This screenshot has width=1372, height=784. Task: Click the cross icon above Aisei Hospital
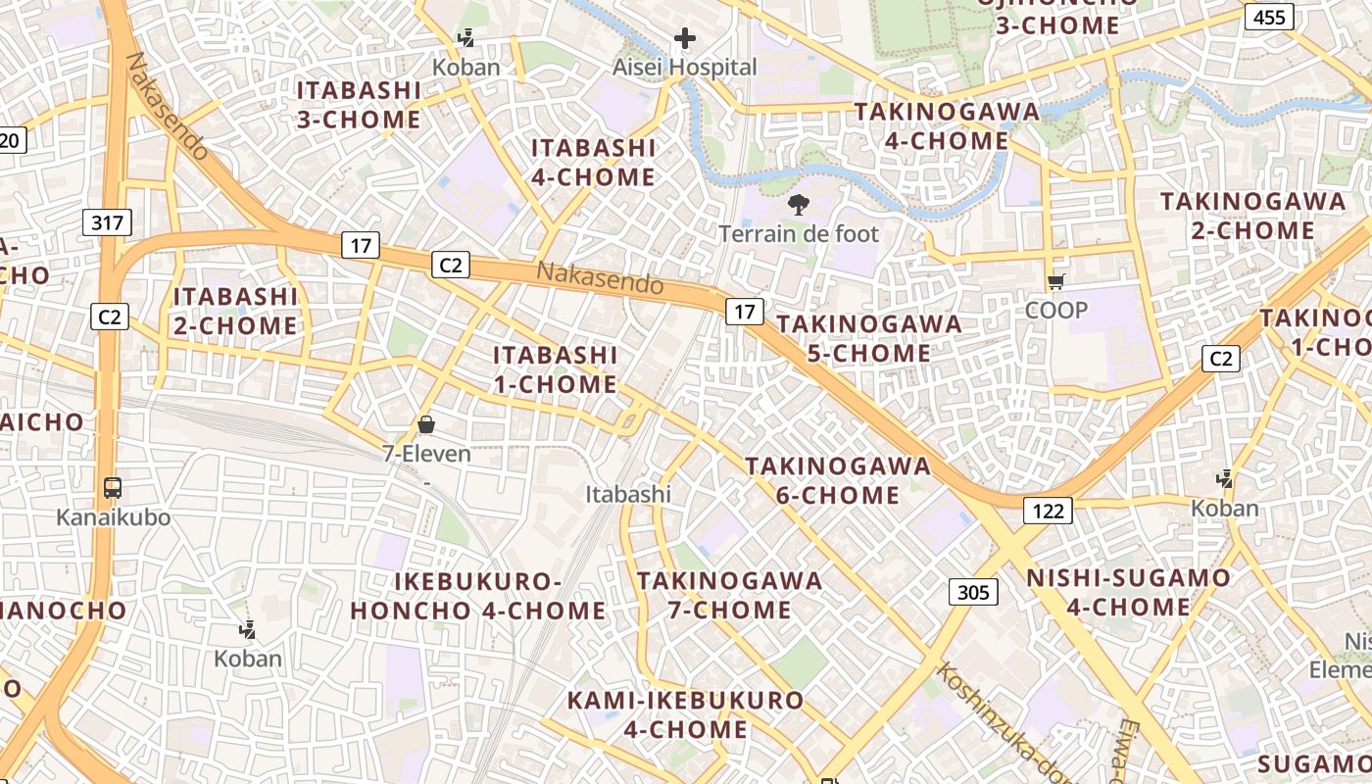point(685,39)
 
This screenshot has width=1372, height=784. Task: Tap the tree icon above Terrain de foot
point(799,205)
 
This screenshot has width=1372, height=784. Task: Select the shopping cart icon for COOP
point(1055,282)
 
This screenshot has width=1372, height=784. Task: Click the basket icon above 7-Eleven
point(426,424)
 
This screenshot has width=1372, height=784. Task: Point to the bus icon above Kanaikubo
point(113,487)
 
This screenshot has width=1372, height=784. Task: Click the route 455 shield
point(1269,17)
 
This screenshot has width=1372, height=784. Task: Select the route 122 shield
point(1048,510)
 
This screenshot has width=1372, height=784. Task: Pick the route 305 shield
point(973,592)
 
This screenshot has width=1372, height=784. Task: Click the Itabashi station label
point(628,494)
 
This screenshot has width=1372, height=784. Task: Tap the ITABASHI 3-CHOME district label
point(359,105)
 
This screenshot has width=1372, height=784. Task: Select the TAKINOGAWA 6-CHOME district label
point(838,480)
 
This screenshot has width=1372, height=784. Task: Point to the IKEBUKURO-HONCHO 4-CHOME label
point(478,596)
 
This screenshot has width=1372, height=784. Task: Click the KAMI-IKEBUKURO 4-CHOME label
point(686,715)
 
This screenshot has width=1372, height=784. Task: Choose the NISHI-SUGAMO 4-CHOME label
point(1128,592)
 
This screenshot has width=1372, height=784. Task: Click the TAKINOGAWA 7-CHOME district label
point(729,595)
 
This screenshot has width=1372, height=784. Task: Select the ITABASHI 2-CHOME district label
point(235,311)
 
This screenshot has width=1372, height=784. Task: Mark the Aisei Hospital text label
point(685,68)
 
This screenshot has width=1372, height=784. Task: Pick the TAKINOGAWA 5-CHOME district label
point(869,338)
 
